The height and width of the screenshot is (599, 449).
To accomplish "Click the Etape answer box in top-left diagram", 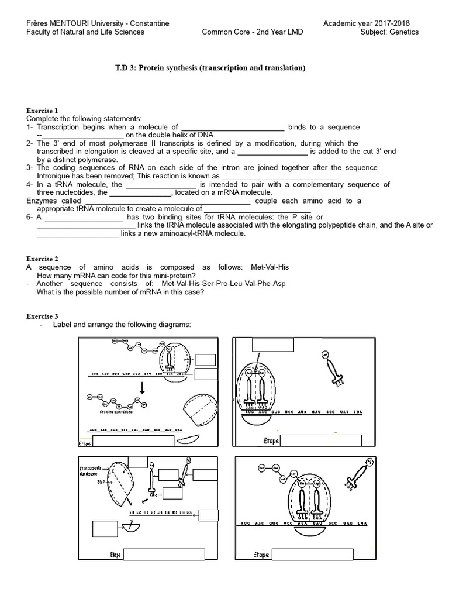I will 133,441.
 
